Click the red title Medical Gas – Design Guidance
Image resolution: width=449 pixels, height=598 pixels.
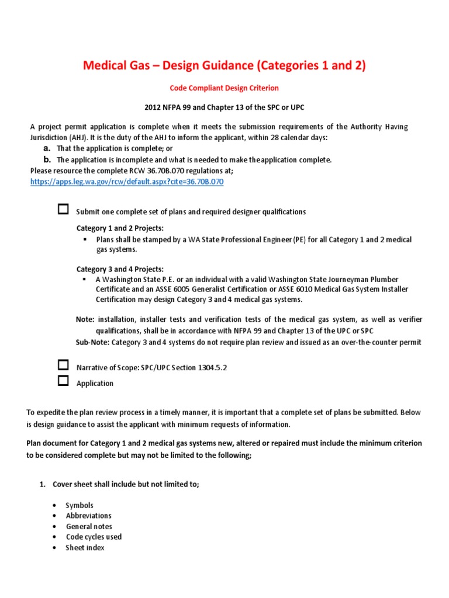click(224, 65)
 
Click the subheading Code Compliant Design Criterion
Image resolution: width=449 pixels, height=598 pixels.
click(224, 88)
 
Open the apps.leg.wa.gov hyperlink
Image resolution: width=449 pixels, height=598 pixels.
click(127, 182)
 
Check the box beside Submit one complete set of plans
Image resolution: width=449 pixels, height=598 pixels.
click(63, 210)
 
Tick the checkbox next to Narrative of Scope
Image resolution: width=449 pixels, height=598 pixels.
click(63, 366)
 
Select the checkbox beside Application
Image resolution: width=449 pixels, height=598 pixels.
click(63, 382)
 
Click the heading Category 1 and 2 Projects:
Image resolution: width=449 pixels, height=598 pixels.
click(120, 227)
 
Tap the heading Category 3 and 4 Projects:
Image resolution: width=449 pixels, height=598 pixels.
click(120, 269)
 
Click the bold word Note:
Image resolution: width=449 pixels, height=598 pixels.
click(85, 319)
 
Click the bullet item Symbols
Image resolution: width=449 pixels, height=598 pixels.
click(80, 505)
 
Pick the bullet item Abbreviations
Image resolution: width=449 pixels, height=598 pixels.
click(88, 516)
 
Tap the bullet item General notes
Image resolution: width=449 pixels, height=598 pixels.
click(89, 526)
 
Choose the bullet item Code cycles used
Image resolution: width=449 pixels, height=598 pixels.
click(94, 537)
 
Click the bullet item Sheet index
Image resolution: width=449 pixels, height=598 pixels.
click(85, 548)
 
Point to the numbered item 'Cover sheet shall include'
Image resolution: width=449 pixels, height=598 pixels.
click(126, 484)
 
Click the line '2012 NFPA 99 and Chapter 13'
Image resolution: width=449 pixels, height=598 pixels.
click(224, 108)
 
